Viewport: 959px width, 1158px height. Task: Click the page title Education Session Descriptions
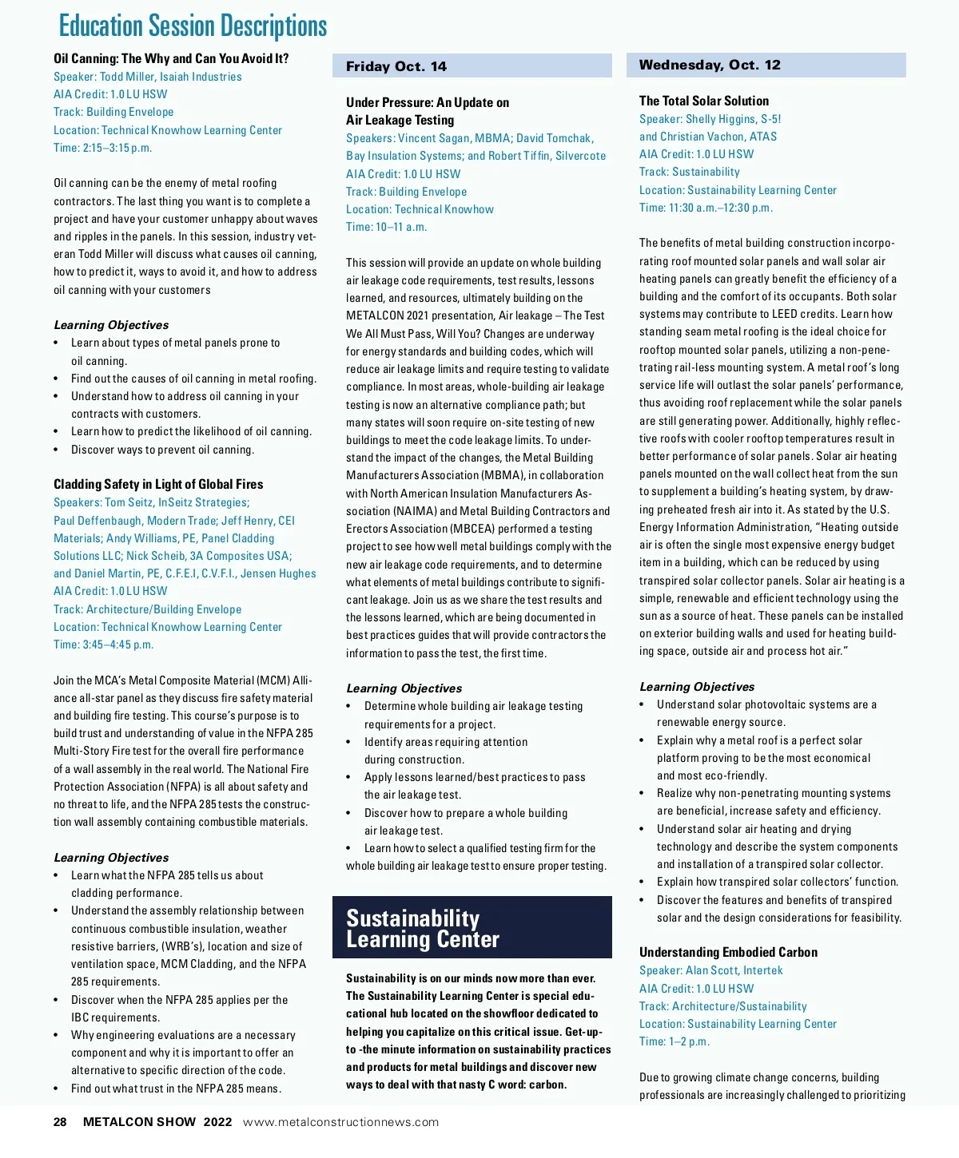pyautogui.click(x=193, y=26)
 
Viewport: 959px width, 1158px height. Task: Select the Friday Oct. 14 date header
pyautogui.click(x=396, y=66)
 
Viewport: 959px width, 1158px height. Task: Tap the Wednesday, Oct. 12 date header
pyautogui.click(x=710, y=65)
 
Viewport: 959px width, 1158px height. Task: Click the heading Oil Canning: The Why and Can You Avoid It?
pyautogui.click(x=171, y=58)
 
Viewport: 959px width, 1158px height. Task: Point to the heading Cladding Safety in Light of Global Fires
pyautogui.click(x=158, y=484)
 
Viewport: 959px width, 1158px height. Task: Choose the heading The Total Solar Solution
pyautogui.click(x=704, y=101)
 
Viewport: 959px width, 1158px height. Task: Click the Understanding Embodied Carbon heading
pyautogui.click(x=728, y=952)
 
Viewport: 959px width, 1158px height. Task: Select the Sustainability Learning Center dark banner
pyautogui.click(x=472, y=928)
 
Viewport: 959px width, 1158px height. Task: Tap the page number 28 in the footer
pyautogui.click(x=60, y=1122)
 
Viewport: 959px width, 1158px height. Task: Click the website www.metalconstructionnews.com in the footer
pyautogui.click(x=340, y=1122)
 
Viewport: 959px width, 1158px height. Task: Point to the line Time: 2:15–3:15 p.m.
pyautogui.click(x=102, y=148)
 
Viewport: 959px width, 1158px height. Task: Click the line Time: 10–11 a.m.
pyautogui.click(x=387, y=227)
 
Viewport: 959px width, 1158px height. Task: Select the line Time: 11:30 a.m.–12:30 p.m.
pyautogui.click(x=706, y=208)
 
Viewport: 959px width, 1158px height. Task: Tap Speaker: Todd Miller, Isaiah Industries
pyautogui.click(x=148, y=77)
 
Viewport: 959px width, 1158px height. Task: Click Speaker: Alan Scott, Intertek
pyautogui.click(x=710, y=970)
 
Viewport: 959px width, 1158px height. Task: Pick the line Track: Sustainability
pyautogui.click(x=690, y=172)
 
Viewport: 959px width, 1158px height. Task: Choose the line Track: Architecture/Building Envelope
pyautogui.click(x=147, y=609)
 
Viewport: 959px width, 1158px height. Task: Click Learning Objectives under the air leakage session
pyautogui.click(x=404, y=688)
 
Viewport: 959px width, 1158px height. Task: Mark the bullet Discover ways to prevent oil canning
pyautogui.click(x=162, y=450)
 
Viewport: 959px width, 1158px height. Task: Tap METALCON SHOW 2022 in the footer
pyautogui.click(x=157, y=1122)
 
